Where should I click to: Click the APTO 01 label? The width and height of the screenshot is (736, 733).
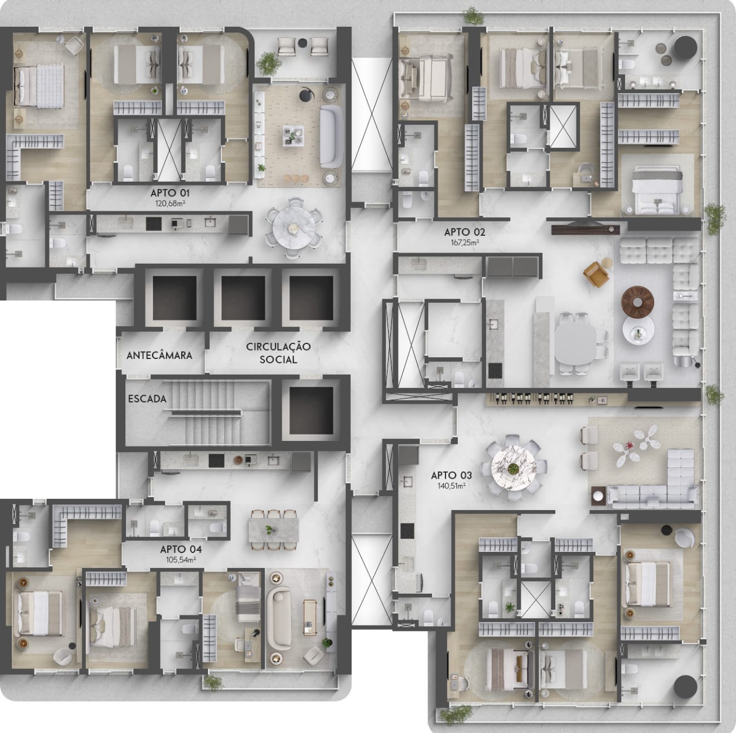click(x=170, y=193)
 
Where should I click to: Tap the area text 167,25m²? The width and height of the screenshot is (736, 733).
click(x=465, y=242)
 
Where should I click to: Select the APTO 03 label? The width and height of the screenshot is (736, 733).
click(x=451, y=475)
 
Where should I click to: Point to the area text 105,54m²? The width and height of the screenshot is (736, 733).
click(x=181, y=560)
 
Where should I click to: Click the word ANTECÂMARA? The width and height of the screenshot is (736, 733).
click(x=159, y=355)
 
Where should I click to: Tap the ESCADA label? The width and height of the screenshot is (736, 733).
click(x=147, y=399)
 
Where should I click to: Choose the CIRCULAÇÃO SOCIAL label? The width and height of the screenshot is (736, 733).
click(x=278, y=353)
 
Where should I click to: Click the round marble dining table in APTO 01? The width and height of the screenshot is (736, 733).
click(x=294, y=228)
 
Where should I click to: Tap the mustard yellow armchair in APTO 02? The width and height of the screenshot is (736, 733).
click(x=596, y=274)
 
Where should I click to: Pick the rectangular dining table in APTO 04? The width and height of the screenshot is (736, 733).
click(x=273, y=530)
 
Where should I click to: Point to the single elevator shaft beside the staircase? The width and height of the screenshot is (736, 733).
click(x=311, y=410)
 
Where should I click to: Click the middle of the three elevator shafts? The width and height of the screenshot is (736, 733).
click(x=243, y=298)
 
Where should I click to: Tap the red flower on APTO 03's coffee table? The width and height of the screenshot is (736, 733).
click(x=628, y=445)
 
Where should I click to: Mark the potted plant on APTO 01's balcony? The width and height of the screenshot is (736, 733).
click(x=269, y=63)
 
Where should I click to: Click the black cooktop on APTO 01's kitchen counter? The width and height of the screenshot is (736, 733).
click(x=153, y=224)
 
